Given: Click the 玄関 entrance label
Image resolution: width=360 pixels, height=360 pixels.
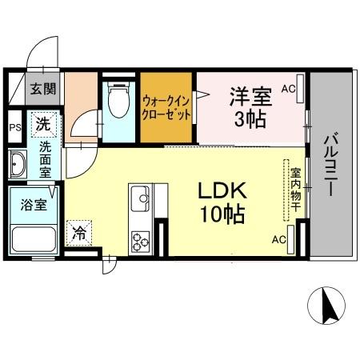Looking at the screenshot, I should click(44, 90).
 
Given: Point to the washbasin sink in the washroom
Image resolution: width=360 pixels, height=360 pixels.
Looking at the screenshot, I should click(18, 166).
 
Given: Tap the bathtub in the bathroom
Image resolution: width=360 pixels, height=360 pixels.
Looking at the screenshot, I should click(32, 238).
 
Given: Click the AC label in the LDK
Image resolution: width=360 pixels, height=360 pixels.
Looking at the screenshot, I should click(278, 239).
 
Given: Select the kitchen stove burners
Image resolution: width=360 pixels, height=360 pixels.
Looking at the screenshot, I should click(142, 241).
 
